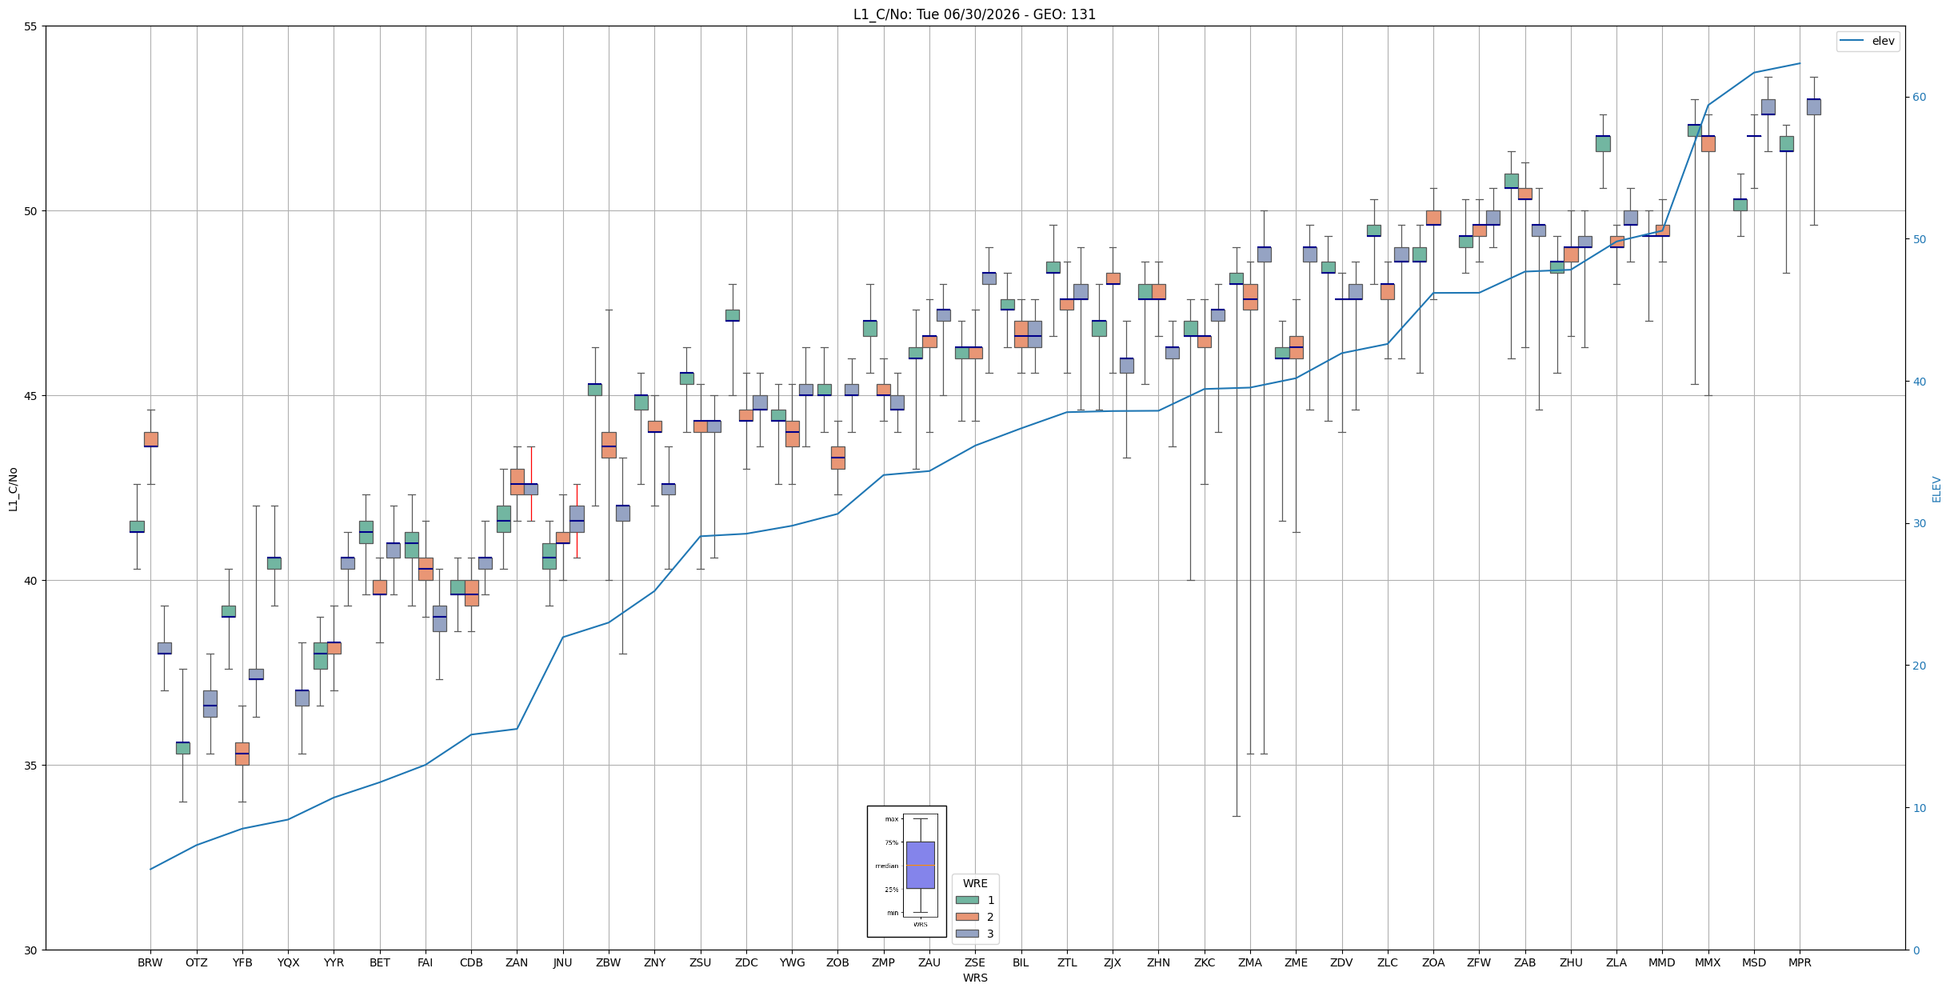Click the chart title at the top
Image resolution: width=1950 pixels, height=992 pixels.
coord(974,14)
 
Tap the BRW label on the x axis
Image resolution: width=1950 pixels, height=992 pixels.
coord(150,962)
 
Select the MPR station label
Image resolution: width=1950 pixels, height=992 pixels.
coord(1800,962)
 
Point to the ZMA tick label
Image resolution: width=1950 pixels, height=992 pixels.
coord(1249,962)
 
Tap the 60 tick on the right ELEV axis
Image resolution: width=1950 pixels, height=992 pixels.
coord(1919,98)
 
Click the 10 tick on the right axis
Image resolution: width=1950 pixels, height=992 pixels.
coord(1919,808)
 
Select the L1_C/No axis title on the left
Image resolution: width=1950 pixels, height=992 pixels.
coord(13,489)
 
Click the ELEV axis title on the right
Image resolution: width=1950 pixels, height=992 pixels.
coord(1936,489)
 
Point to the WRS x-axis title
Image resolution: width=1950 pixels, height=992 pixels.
coord(975,978)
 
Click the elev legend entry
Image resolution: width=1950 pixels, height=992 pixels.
coord(1868,41)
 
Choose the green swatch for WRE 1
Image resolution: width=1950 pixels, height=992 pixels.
coord(967,900)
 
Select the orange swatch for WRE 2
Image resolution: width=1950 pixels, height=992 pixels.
coord(967,917)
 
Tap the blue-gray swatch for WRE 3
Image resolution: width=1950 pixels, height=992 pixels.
coord(967,934)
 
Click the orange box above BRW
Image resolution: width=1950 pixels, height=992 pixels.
coord(150,439)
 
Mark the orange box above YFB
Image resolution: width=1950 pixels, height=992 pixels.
coord(242,754)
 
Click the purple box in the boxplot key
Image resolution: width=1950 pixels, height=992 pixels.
coord(920,865)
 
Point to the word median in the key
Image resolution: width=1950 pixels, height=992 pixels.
coord(886,866)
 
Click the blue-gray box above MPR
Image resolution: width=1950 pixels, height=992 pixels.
coord(1813,107)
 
